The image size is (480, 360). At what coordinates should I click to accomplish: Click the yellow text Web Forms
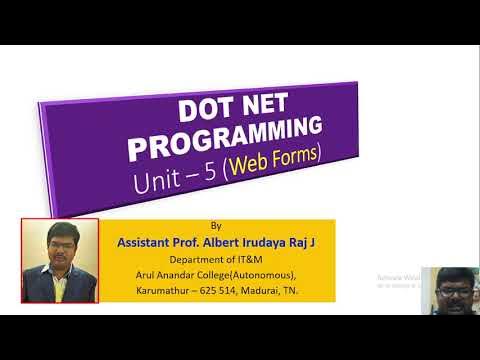[x=284, y=162]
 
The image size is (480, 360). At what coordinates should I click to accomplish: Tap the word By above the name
[x=216, y=226]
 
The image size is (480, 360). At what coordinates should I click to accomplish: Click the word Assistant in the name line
[x=148, y=242]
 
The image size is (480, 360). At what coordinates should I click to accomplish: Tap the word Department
[x=198, y=259]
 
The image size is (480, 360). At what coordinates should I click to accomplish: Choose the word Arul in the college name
[x=146, y=275]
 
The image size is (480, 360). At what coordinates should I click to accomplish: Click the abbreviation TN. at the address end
[x=303, y=291]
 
